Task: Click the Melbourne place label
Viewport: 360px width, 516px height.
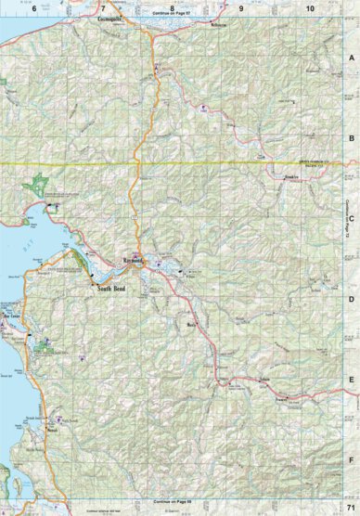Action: pos(219,26)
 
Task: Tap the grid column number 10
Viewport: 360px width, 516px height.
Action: pos(310,6)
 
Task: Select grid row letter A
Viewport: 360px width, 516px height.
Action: pos(352,57)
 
